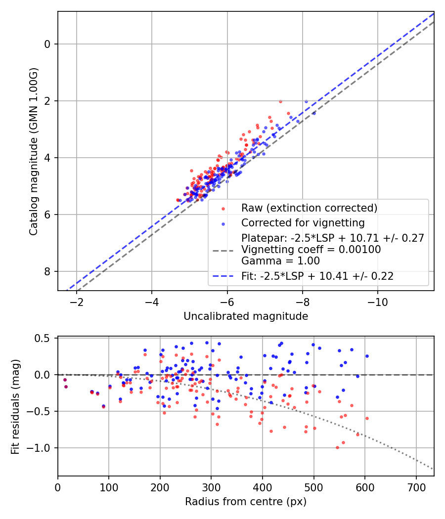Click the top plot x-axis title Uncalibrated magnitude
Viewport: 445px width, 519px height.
click(246, 316)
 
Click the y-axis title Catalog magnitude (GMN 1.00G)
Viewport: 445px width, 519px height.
click(33, 151)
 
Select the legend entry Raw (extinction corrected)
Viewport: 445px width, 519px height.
click(309, 208)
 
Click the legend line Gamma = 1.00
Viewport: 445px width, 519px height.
click(280, 261)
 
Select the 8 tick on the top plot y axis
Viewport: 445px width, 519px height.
click(48, 271)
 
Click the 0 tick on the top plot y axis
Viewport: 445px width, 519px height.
click(48, 44)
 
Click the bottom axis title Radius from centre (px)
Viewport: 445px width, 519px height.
click(246, 502)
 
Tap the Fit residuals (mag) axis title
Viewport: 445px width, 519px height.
click(15, 406)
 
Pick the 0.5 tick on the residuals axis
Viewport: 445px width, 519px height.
click(45, 338)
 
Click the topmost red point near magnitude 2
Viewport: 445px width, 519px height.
click(280, 101)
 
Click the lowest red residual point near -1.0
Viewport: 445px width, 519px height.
click(337, 447)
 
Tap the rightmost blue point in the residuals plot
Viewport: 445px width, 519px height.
click(367, 356)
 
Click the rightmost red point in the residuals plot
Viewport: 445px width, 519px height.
click(367, 418)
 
